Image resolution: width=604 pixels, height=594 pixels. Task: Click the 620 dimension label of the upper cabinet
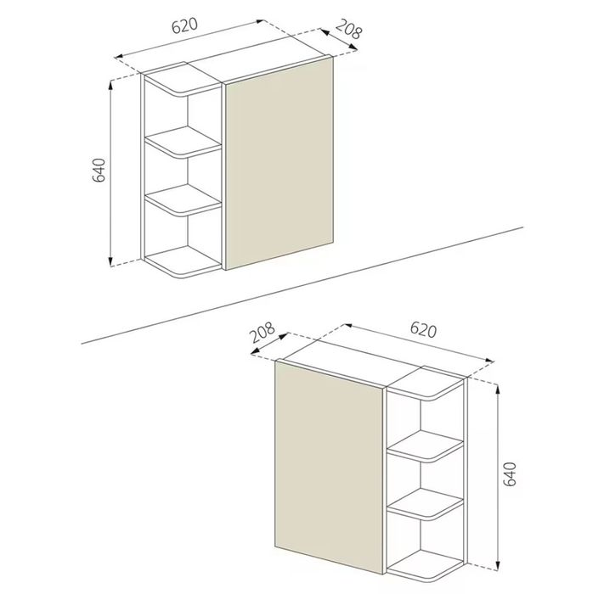point(184,25)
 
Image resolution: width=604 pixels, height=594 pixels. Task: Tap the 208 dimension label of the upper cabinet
point(348,29)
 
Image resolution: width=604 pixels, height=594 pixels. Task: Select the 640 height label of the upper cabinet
point(99,170)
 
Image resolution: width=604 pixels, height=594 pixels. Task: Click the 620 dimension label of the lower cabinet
point(423,330)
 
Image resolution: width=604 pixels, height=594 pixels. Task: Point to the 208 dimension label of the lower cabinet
point(262,333)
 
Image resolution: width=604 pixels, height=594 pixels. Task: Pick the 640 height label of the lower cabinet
point(510,474)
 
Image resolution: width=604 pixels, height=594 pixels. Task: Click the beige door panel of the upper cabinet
point(279,164)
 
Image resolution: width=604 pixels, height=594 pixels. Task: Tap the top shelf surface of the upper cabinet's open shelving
point(183,80)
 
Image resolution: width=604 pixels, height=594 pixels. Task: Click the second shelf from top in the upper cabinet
point(183,142)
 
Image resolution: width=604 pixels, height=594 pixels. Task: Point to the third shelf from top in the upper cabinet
point(183,199)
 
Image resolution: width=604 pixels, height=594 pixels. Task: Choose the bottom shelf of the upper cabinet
point(183,261)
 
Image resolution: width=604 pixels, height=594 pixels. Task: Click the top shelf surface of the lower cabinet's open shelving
point(426,384)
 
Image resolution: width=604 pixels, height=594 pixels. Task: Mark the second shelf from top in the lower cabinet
point(426,445)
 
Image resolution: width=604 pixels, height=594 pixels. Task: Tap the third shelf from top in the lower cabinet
point(426,504)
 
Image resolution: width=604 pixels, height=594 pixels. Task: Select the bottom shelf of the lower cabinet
point(426,566)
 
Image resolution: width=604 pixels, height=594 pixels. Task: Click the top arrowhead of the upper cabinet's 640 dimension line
point(111,85)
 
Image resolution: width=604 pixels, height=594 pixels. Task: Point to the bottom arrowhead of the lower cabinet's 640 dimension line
point(498,565)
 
